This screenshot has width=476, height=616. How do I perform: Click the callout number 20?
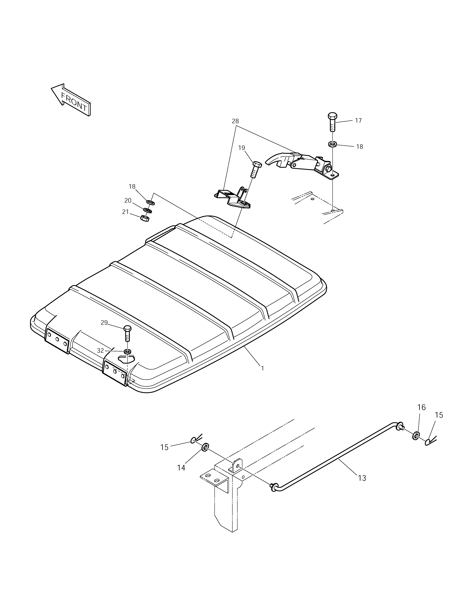click(128, 200)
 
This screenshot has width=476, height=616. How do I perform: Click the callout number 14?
click(181, 468)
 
